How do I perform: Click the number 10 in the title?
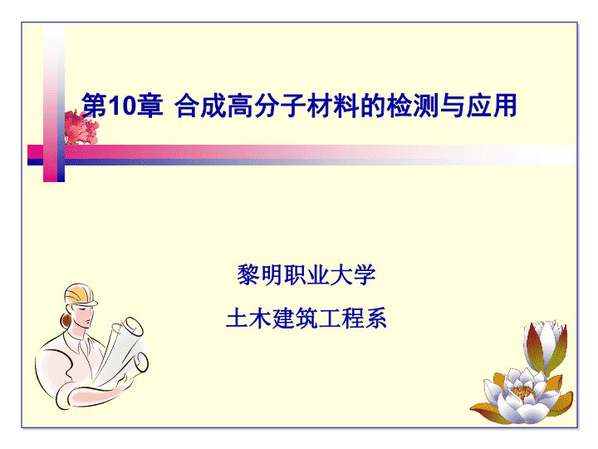coord(121,106)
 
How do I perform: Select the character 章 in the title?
coord(149,106)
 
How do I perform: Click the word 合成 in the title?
coord(200,106)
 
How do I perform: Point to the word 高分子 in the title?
coord(267,106)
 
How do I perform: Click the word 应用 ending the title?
coord(492,106)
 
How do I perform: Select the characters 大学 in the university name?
coord(353,274)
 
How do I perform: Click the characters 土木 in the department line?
coord(248,318)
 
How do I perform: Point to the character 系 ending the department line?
coord(376,318)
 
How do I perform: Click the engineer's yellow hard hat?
coord(80,294)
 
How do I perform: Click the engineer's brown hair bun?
coord(66,319)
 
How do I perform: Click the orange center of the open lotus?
coord(522,392)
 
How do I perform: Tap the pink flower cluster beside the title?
coord(81,127)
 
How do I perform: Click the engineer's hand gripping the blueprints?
coord(120,382)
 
